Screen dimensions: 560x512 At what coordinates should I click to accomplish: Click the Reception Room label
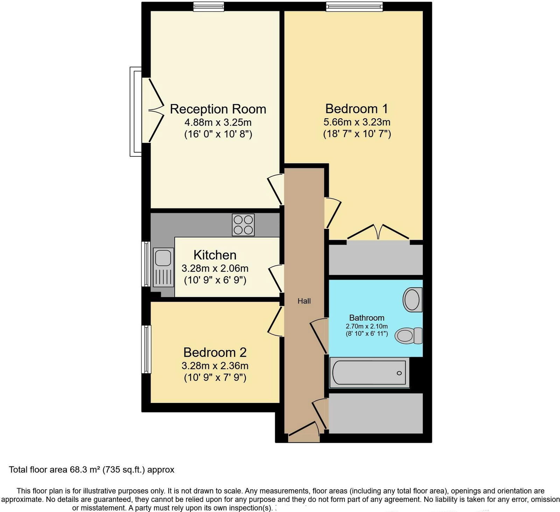[x=218, y=109]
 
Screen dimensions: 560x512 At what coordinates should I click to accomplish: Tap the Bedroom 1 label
[x=357, y=109]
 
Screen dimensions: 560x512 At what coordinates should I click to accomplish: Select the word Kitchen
[x=215, y=255]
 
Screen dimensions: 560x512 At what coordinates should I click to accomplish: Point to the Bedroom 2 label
[x=215, y=352]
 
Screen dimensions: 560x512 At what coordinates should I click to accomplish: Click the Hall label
[x=304, y=301]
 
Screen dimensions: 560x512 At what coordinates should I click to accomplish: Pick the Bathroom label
[x=367, y=318]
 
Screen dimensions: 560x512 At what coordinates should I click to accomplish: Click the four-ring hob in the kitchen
[x=243, y=225]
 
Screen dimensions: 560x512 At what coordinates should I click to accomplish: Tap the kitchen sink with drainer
[x=163, y=267]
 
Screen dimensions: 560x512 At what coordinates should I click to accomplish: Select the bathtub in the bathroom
[x=369, y=372]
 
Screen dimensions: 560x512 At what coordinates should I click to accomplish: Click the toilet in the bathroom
[x=408, y=336]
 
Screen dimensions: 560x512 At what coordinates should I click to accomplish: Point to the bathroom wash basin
[x=413, y=300]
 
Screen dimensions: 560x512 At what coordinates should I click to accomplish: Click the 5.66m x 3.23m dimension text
[x=357, y=122]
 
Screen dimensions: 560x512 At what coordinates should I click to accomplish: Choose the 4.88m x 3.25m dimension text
[x=218, y=122]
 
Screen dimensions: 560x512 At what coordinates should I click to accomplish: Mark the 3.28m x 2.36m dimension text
[x=215, y=366]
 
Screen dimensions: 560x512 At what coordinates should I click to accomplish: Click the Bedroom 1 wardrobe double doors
[x=378, y=232]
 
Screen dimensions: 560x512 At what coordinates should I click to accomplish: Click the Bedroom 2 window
[x=146, y=349]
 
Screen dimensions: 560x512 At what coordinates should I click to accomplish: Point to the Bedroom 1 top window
[x=355, y=6]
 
